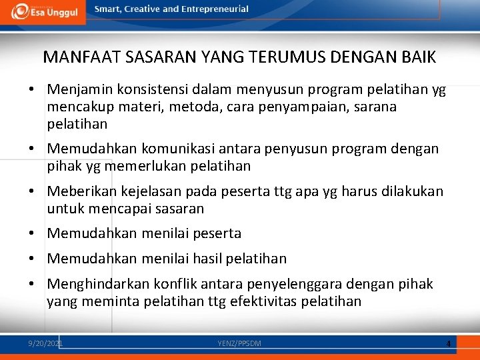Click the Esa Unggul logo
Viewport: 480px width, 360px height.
[x=43, y=12]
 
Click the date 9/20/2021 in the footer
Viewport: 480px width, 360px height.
[x=45, y=343]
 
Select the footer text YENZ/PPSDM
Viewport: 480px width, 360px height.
[x=239, y=343]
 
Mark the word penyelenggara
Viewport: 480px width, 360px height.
[x=305, y=285]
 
